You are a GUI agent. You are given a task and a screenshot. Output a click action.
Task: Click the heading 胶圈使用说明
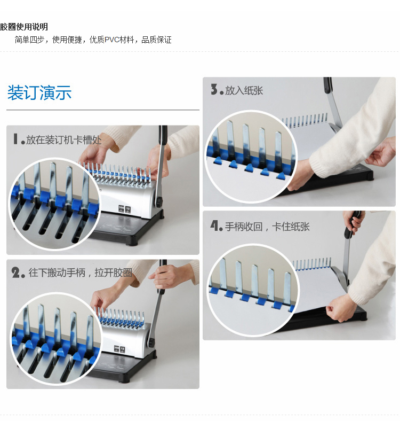click(x=24, y=27)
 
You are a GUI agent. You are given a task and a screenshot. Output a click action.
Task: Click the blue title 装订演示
click(x=39, y=92)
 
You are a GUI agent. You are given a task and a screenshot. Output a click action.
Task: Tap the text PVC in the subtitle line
click(x=112, y=40)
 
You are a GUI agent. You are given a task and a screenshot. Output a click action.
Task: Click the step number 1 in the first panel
click(x=15, y=139)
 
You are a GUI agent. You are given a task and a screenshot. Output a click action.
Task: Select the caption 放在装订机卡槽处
click(x=64, y=140)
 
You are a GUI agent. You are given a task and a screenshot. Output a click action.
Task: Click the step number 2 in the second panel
click(x=15, y=272)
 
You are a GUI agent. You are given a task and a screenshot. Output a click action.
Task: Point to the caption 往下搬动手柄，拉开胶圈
click(x=80, y=273)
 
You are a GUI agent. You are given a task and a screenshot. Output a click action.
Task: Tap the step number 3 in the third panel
click(x=214, y=90)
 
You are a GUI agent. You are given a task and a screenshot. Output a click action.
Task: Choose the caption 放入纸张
click(x=244, y=91)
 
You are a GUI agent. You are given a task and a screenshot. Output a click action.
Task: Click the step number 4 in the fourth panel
click(x=214, y=225)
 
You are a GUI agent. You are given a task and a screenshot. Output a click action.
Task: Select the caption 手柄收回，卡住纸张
click(x=267, y=227)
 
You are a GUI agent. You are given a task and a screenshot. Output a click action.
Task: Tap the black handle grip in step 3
click(x=328, y=85)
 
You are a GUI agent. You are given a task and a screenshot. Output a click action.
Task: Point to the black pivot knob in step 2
click(x=151, y=342)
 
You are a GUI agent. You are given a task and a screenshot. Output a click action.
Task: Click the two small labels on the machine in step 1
click(x=124, y=209)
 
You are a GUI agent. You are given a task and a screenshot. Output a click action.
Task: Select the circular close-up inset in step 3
click(x=251, y=157)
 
